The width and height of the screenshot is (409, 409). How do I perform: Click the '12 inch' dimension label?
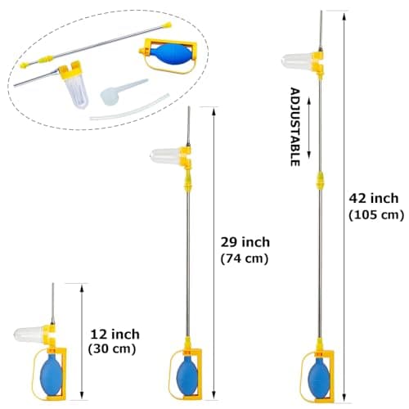point(115,335)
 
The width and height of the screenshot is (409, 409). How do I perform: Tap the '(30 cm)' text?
point(112,349)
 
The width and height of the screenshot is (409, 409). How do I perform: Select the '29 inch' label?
point(245,242)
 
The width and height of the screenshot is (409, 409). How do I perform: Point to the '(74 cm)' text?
point(245,258)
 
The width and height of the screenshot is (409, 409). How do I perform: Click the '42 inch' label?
point(374,198)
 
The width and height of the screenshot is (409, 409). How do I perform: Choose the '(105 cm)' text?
point(376,215)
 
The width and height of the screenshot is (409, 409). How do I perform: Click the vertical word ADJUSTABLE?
point(295,127)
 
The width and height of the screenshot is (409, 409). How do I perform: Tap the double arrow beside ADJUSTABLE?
point(309,128)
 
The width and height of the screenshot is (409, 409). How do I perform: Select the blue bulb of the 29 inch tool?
point(187,375)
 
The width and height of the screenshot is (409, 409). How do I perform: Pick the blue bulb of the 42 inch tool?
point(319,378)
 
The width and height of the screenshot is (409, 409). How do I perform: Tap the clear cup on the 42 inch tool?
point(297,61)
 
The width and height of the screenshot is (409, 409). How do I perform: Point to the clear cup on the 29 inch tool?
point(165,156)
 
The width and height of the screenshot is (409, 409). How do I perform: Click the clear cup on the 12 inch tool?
point(29,335)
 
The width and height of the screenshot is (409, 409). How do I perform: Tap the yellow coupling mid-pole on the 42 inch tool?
point(320,181)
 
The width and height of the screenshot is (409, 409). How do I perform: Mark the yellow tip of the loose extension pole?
point(167,25)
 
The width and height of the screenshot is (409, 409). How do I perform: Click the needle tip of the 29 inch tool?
point(188,107)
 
